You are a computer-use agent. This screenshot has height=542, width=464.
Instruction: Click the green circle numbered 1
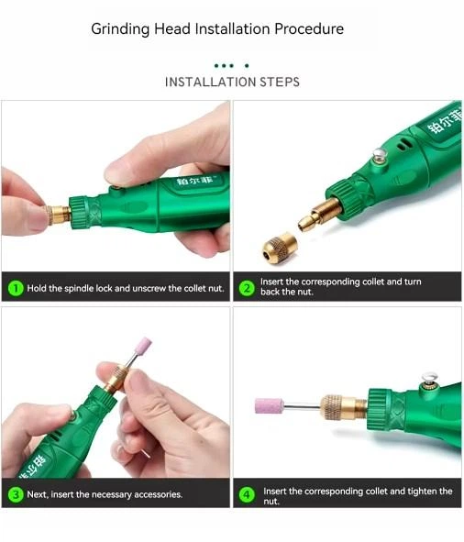(16, 288)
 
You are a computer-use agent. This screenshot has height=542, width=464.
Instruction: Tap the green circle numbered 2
(247, 288)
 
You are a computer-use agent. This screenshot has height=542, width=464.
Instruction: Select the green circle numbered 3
(16, 494)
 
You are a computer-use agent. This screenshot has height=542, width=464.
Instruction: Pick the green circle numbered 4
(247, 494)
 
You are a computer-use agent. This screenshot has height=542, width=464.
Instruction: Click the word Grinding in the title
(120, 29)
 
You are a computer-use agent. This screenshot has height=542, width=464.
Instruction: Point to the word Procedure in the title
(309, 28)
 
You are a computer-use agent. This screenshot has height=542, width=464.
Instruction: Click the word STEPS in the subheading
(280, 82)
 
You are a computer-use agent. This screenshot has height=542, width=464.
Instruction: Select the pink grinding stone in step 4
(269, 405)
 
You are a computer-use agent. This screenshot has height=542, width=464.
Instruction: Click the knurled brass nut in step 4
(333, 407)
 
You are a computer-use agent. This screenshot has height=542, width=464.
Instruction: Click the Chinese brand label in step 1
(194, 181)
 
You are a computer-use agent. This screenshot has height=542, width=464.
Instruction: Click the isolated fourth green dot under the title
(247, 65)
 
